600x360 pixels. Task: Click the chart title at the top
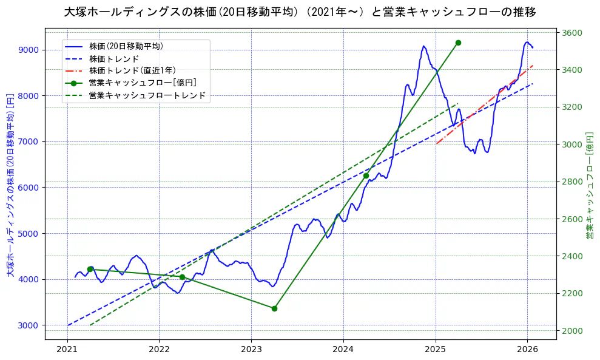pyautogui.click(x=300, y=12)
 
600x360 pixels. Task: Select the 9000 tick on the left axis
pyautogui.click(x=29, y=50)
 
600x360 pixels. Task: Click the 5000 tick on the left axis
pyautogui.click(x=29, y=234)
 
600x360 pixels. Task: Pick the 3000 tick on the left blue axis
pyautogui.click(x=29, y=325)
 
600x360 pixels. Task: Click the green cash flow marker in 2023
pyautogui.click(x=274, y=308)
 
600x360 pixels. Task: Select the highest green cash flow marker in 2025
pyautogui.click(x=458, y=42)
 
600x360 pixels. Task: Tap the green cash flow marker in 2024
pyautogui.click(x=366, y=175)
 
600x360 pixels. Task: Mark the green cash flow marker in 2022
pyautogui.click(x=182, y=277)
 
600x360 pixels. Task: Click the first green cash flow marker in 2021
pyautogui.click(x=90, y=269)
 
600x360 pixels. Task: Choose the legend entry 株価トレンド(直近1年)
pyautogui.click(x=134, y=70)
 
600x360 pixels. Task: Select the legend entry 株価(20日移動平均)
pyautogui.click(x=126, y=46)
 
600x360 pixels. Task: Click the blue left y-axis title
pyautogui.click(x=10, y=185)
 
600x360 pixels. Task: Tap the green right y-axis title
pyautogui.click(x=589, y=185)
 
